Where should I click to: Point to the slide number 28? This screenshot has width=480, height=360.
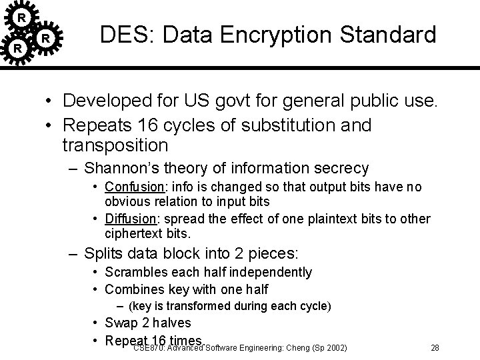tap(435, 347)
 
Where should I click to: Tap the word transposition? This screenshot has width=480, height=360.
tap(115, 144)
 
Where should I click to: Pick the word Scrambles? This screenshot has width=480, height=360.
tap(133, 272)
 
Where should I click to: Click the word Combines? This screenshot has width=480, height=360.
tap(131, 289)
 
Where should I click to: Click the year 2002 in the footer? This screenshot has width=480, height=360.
tap(334, 347)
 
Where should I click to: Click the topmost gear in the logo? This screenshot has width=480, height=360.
tap(23, 16)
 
